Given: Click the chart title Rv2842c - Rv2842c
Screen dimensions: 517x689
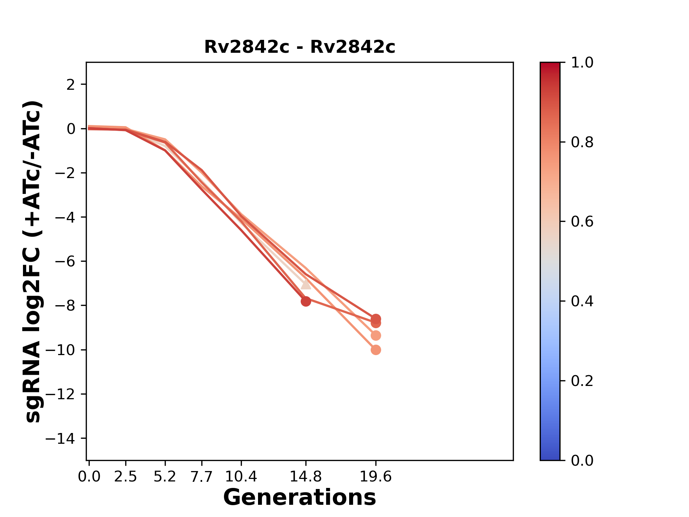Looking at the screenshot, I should [300, 47].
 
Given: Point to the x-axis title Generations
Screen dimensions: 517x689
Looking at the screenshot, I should [300, 498].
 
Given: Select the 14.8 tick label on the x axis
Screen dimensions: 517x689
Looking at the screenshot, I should [306, 477].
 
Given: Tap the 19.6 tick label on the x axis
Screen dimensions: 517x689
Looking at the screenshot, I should [376, 477].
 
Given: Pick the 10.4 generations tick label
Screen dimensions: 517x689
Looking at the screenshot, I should [241, 477].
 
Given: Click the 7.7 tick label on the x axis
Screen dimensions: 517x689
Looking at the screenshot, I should [202, 477].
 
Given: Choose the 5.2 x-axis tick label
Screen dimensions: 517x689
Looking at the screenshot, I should [165, 477].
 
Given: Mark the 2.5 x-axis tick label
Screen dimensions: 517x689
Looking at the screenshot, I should [126, 477].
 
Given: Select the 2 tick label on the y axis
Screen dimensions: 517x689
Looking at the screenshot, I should [71, 84].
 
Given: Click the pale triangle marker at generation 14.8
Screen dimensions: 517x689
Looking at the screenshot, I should [306, 284].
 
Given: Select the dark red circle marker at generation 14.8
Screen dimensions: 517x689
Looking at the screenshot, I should [306, 301].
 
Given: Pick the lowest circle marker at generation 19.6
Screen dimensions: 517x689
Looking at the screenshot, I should [376, 350].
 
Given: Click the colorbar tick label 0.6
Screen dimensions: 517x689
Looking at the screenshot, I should [582, 222].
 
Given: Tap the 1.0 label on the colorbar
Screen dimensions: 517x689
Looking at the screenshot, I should [582, 63].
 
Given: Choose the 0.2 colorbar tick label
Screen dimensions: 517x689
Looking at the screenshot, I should [582, 381].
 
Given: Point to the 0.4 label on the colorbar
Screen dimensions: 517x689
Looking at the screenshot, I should [582, 301].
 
